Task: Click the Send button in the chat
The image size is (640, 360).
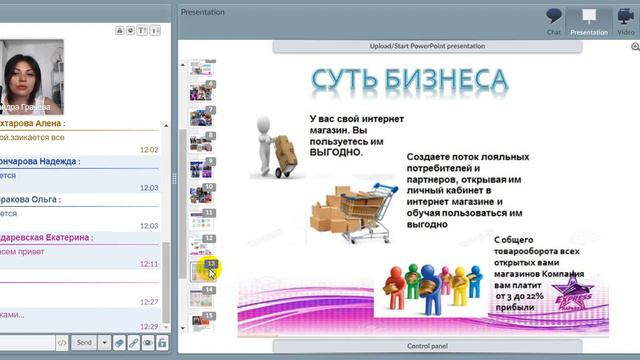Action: pos(84,342)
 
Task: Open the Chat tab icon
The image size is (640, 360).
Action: pos(554,19)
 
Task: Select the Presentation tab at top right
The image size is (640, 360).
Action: pos(589,19)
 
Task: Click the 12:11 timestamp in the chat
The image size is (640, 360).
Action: pos(148,264)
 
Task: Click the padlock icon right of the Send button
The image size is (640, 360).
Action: pos(162,342)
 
